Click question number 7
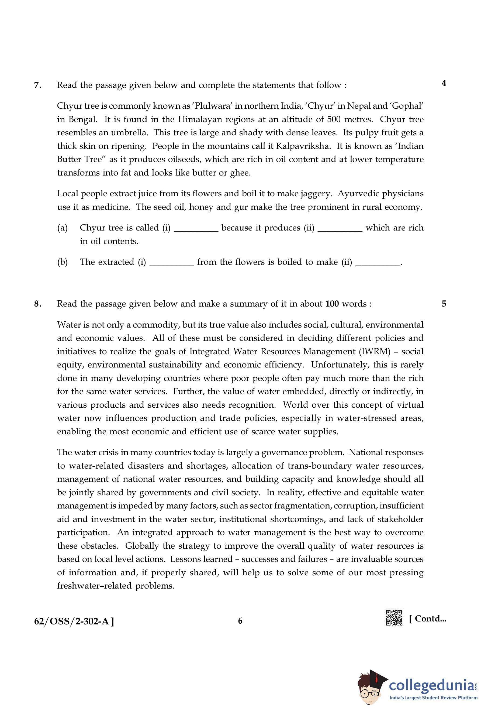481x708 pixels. [x=37, y=85]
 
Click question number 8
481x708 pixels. [x=37, y=304]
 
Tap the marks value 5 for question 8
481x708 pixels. [x=444, y=304]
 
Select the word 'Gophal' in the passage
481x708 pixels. [x=408, y=106]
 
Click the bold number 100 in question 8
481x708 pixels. [x=332, y=304]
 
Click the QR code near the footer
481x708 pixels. [x=394, y=618]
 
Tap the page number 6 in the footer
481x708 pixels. [x=240, y=621]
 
